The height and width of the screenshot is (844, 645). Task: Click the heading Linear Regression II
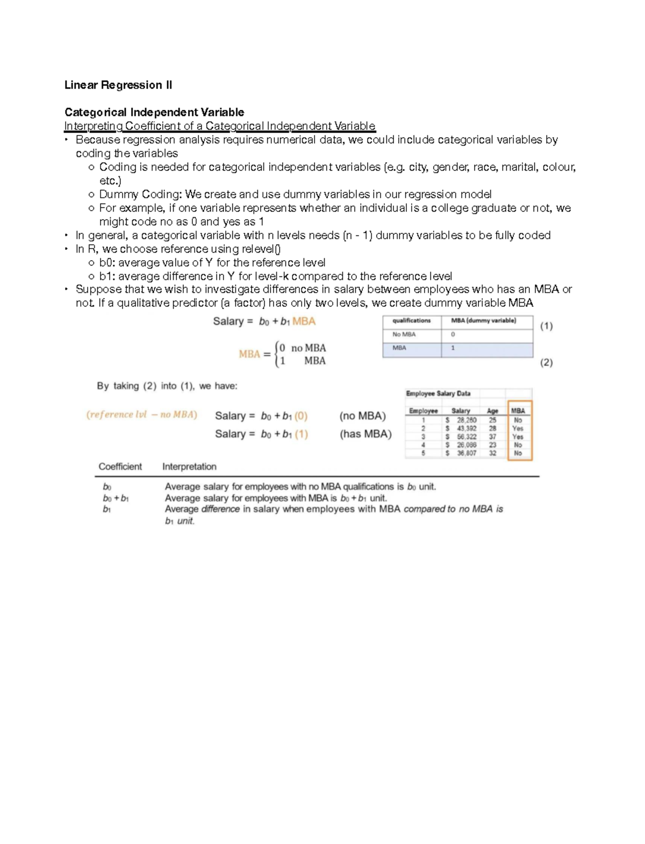coord(118,85)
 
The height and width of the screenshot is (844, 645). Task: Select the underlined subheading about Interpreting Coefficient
coord(219,126)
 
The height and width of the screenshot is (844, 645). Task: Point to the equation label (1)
coord(546,326)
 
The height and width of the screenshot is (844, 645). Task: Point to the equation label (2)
coord(546,362)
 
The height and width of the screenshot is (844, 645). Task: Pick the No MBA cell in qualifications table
coord(404,334)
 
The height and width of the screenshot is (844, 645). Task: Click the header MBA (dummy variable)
coord(483,320)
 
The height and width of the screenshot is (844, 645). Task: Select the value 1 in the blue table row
coord(453,348)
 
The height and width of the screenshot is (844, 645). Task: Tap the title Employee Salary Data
coord(438,394)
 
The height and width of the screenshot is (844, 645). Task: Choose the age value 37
coord(492,437)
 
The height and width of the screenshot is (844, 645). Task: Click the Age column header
coord(492,411)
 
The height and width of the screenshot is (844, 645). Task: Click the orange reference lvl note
coord(142,414)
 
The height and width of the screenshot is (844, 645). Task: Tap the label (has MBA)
coord(365,434)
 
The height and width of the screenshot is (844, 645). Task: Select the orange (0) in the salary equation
coord(300,416)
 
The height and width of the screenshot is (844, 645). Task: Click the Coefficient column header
coord(120,467)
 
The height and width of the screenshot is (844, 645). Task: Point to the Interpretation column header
coord(189,467)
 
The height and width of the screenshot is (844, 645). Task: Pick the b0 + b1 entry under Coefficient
coord(116,498)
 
